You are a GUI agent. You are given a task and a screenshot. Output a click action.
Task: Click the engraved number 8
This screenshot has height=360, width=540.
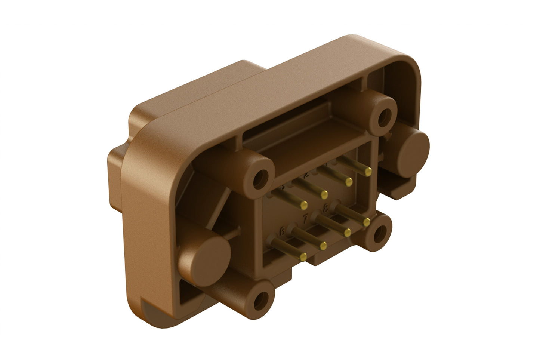tap(326, 207)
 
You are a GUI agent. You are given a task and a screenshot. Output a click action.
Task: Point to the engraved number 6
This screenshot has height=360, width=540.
tap(283, 232)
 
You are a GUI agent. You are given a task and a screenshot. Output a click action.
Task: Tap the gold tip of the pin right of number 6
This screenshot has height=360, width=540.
tap(324, 245)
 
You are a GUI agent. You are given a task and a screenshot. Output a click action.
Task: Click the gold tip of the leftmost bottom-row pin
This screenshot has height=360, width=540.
tap(303, 256)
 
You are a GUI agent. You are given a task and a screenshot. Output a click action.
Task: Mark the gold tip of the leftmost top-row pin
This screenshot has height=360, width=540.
tap(303, 204)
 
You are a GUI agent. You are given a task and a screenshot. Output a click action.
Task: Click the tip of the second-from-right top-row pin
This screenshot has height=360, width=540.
tap(349, 182)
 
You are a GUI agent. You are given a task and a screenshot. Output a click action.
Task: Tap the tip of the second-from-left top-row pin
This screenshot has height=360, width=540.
tap(324, 194)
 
